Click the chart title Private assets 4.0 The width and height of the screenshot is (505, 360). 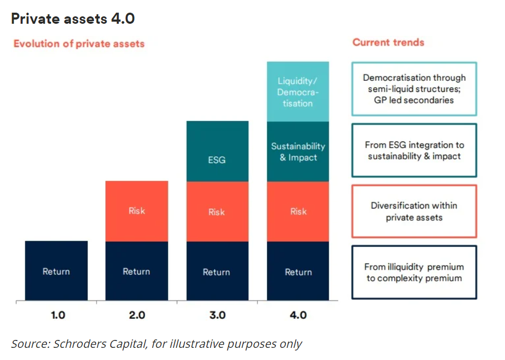click(73, 19)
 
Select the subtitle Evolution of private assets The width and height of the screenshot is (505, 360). click(79, 44)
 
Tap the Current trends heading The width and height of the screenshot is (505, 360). click(388, 42)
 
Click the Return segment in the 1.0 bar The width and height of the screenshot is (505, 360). click(56, 271)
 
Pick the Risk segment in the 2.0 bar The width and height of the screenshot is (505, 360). click(137, 211)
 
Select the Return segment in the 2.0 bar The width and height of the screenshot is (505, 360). click(137, 271)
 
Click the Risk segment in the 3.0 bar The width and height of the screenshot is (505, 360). click(217, 212)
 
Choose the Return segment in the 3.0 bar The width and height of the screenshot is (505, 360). click(217, 272)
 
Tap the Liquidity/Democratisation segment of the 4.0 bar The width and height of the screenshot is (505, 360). click(298, 92)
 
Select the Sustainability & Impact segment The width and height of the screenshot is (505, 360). click(298, 151)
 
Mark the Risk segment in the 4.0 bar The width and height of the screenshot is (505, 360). click(298, 212)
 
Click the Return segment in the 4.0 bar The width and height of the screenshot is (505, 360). click(298, 272)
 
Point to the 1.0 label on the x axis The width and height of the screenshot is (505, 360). click(58, 316)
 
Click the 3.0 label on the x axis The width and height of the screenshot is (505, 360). click(217, 316)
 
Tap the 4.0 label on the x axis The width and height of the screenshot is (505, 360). click(298, 316)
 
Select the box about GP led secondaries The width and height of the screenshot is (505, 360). click(414, 89)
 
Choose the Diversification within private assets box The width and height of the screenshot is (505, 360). click(414, 211)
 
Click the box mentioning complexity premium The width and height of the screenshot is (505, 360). click(414, 272)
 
